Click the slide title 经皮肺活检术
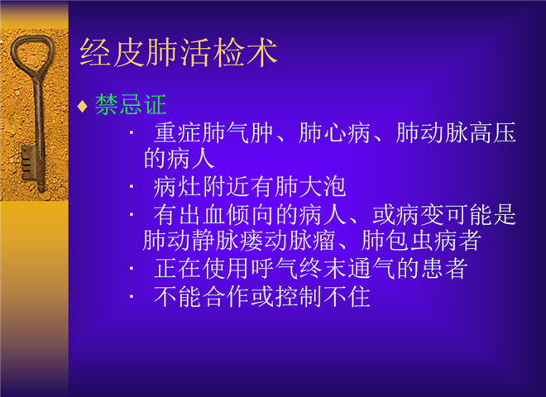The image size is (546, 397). tap(179, 53)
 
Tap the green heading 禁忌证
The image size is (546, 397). tap(131, 104)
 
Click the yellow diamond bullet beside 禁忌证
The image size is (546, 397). tap(82, 106)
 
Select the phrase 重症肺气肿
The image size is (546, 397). tap(213, 133)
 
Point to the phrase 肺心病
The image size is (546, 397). tap(334, 133)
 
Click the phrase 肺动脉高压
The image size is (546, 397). tap(456, 133)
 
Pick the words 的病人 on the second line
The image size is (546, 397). tap(179, 159)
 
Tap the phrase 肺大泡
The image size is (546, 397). tap(310, 187)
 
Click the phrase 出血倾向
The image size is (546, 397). tap(226, 215)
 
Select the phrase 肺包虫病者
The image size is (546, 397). tap(421, 241)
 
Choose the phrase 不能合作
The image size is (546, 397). tap(202, 297)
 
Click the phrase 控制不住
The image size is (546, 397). tap(323, 297)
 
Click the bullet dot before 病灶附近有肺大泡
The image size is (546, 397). tap(132, 187)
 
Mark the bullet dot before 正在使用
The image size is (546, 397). tap(132, 269)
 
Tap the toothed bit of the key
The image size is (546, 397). tap(28, 163)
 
